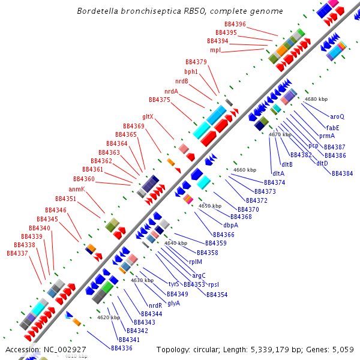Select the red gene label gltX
pyautogui.click(x=148, y=116)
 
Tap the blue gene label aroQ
pyautogui.click(x=337, y=116)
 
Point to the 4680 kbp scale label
pyautogui.click(x=316, y=98)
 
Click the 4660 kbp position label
pyautogui.click(x=245, y=170)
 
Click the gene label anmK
pyautogui.click(x=77, y=189)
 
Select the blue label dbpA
pyautogui.click(x=231, y=225)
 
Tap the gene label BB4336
pyautogui.click(x=122, y=348)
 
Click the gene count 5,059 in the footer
pyautogui.click(x=340, y=349)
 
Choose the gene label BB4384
pyautogui.click(x=343, y=173)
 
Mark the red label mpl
pyautogui.click(x=215, y=50)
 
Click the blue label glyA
pyautogui.click(x=174, y=303)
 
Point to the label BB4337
pyautogui.click(x=17, y=253)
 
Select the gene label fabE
pyautogui.click(x=332, y=127)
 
